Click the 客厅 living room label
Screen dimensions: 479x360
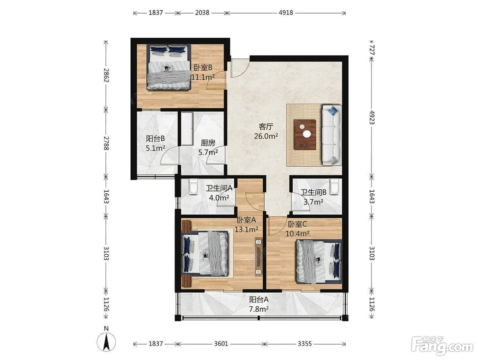coord(266,127)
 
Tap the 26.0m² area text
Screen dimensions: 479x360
coord(266,136)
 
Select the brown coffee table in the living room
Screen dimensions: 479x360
coord(305,134)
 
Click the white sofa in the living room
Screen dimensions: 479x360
coord(332,135)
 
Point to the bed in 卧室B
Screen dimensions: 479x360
coord(169,67)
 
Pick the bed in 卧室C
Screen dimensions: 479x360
coord(319,261)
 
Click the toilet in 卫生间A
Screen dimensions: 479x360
coord(193,187)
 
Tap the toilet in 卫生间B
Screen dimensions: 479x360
coord(334,187)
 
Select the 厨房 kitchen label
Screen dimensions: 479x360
coord(208,143)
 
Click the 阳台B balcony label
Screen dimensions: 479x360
coord(155,139)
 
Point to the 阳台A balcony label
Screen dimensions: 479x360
coord(259,299)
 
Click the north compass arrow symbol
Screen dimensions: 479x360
coord(106,342)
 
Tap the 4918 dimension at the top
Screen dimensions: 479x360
coord(286,13)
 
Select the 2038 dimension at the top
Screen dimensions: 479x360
coord(202,13)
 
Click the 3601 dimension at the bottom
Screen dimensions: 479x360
coord(221,344)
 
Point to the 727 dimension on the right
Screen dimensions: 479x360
coord(372,50)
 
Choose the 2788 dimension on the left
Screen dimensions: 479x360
coord(106,143)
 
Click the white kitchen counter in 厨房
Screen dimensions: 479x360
coord(187,129)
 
